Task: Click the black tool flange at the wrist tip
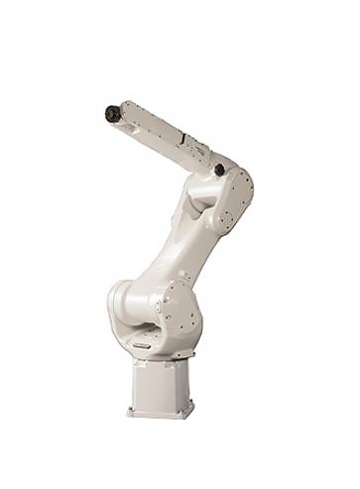pyautogui.click(x=112, y=114)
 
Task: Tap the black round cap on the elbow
pyautogui.click(x=219, y=170)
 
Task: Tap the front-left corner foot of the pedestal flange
pyautogui.click(x=131, y=410)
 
